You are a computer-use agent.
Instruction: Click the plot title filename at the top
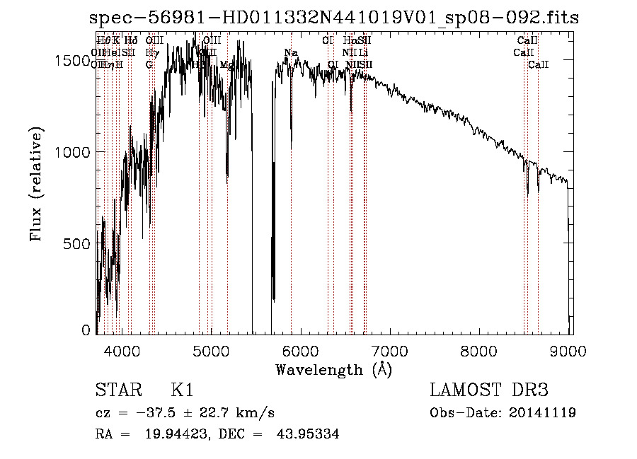tap(334, 18)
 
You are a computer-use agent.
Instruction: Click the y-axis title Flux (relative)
tap(36, 183)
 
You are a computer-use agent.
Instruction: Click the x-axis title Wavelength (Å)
tap(333, 369)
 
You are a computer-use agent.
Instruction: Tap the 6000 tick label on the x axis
tap(302, 349)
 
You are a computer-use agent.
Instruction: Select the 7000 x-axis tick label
tap(391, 349)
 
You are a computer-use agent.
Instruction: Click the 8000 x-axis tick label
tap(481, 349)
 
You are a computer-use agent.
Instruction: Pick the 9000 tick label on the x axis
tap(570, 349)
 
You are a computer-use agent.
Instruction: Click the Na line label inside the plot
tap(291, 53)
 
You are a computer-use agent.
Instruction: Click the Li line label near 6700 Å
tap(363, 53)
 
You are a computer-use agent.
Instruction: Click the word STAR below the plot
tap(119, 390)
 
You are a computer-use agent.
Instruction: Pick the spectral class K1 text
tap(181, 390)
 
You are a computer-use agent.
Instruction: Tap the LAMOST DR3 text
tap(489, 390)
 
